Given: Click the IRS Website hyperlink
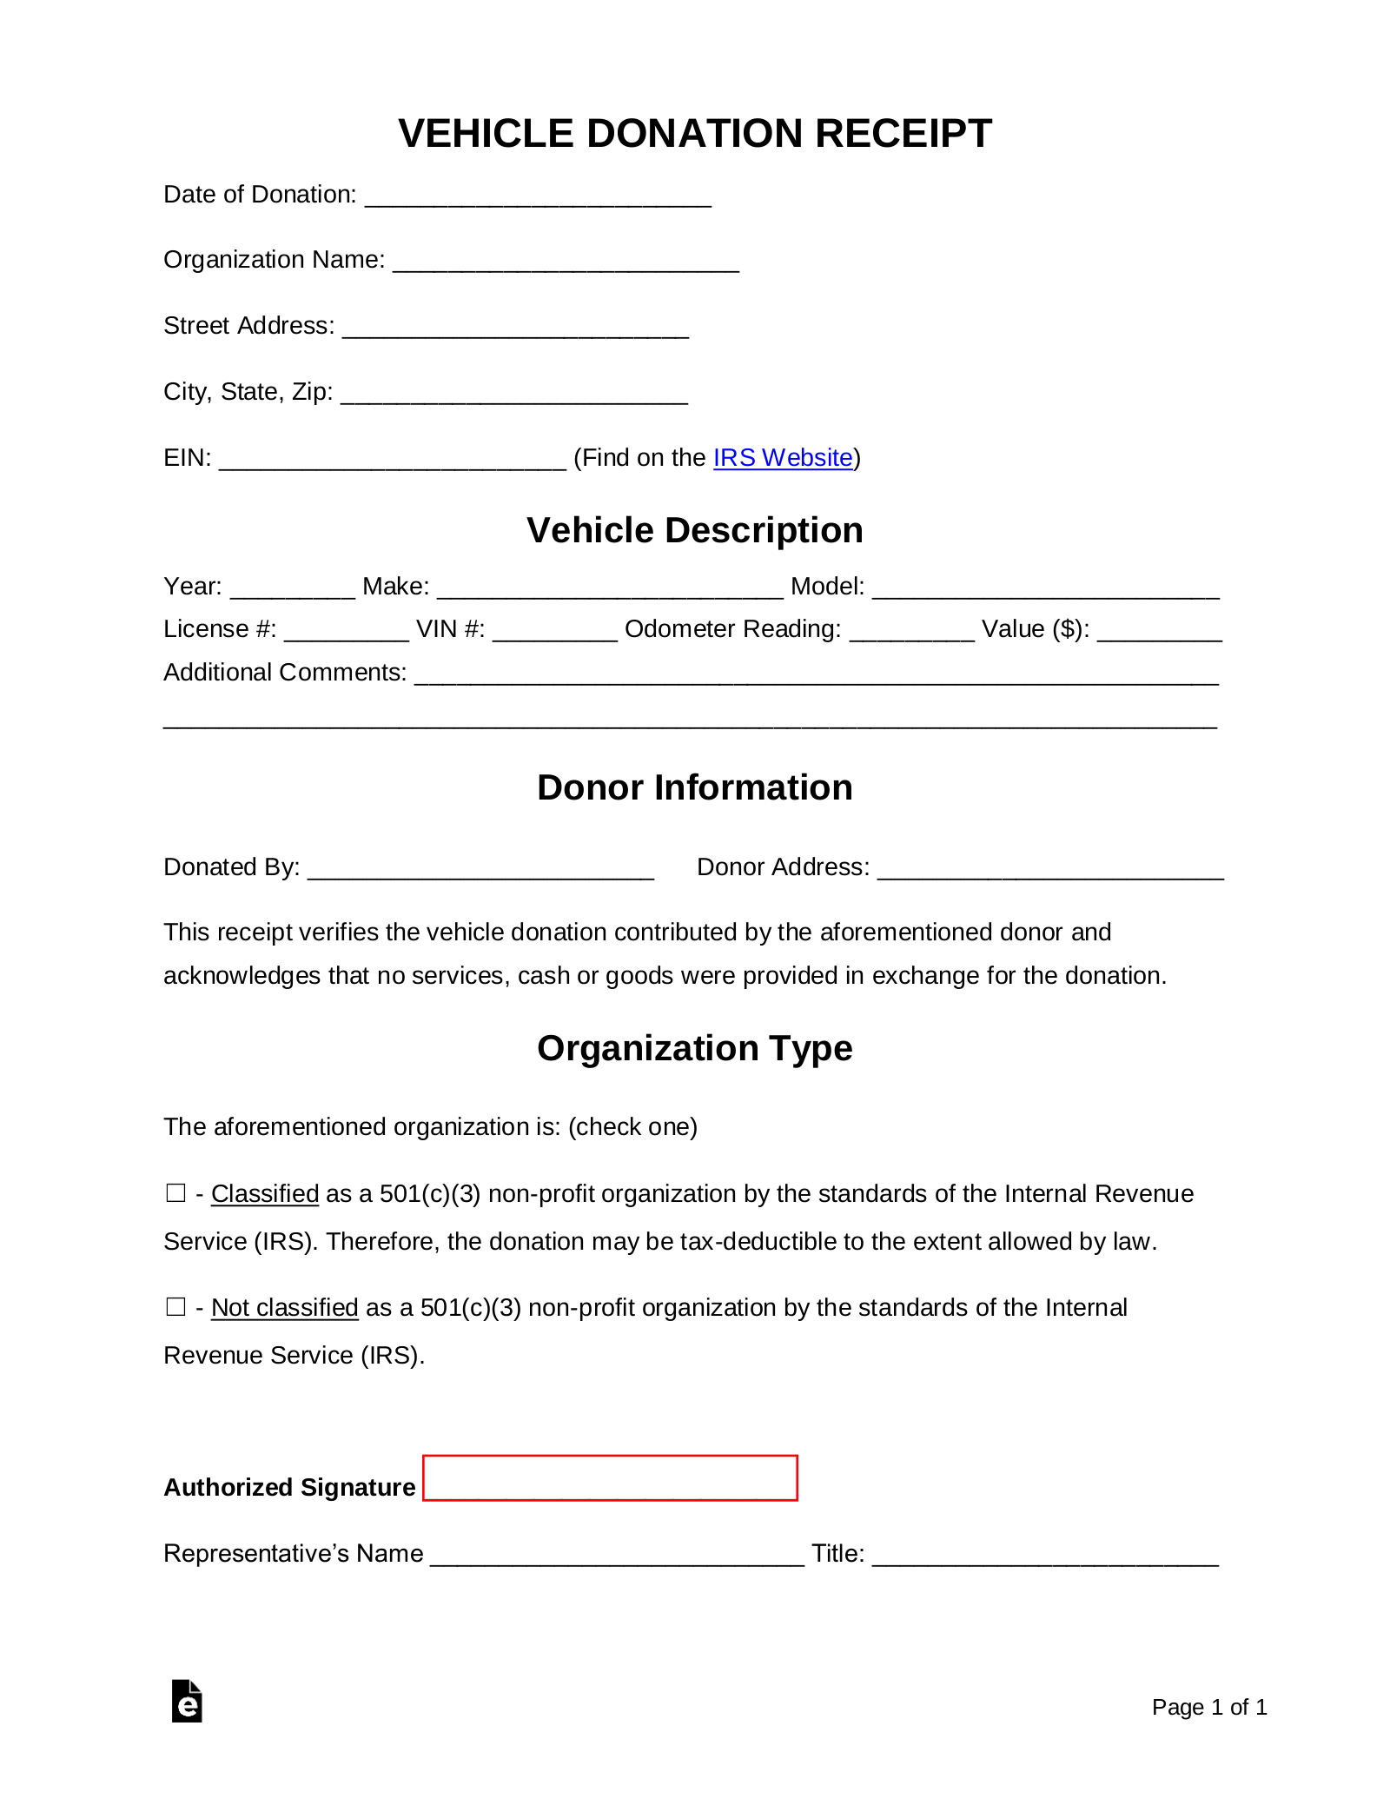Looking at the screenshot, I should [x=782, y=458].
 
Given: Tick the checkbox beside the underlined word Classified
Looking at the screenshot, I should [x=175, y=1193].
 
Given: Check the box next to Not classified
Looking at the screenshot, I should [x=175, y=1307].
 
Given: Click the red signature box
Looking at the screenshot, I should [x=610, y=1478].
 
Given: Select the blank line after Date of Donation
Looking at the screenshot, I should [x=538, y=197].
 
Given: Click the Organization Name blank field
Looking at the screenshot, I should [x=566, y=262].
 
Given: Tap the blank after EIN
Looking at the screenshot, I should [x=392, y=461].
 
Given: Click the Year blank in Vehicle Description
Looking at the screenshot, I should [x=293, y=589].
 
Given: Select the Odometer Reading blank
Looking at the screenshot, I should [x=911, y=632].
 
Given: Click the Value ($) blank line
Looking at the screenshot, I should [x=1159, y=632].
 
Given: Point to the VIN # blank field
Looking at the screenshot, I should [x=554, y=632].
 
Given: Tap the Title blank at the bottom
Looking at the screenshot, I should [x=1045, y=1557].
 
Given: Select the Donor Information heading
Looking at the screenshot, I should [x=694, y=787].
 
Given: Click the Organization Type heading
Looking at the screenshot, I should [x=694, y=1048].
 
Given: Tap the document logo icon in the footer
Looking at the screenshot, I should [x=187, y=1702].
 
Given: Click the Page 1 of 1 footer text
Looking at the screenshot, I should [x=1208, y=1707].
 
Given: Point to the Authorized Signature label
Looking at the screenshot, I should [x=289, y=1488].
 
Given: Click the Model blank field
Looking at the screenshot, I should [x=1045, y=589].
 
